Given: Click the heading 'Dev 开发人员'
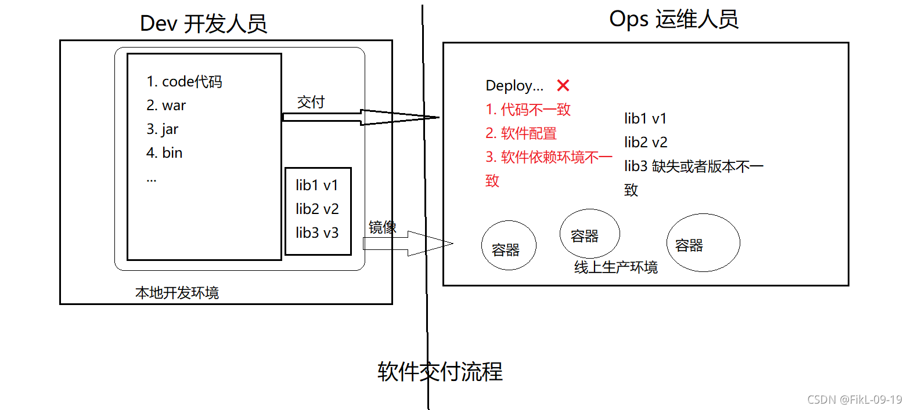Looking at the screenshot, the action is [203, 24].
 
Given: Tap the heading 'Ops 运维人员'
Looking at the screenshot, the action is [674, 19].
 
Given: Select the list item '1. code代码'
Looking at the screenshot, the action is [184, 82].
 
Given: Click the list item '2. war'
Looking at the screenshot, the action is [166, 106].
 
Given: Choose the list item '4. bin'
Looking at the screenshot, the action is [164, 153].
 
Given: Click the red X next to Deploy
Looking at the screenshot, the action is [563, 85].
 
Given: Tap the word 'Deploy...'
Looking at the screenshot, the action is [514, 86].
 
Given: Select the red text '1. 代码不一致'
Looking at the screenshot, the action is [528, 109].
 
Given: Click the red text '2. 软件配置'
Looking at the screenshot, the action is [521, 133].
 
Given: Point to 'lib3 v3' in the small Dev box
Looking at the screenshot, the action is [317, 233].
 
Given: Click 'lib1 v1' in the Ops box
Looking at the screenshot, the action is [646, 119].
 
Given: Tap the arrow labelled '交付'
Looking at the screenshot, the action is [361, 118].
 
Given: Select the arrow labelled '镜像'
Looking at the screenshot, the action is [408, 244].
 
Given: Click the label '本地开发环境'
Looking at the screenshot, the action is [177, 292].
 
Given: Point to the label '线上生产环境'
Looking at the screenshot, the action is [615, 267].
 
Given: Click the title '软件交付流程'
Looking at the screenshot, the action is [440, 371].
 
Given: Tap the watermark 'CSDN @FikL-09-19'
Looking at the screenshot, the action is [855, 400].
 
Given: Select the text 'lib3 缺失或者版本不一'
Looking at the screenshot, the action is [694, 166].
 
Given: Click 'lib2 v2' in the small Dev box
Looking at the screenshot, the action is [317, 209].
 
